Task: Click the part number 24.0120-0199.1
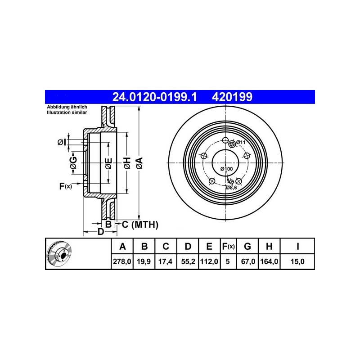(154, 97)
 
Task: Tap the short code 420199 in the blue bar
(232, 97)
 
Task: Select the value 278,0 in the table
(122, 261)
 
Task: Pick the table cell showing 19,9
(144, 261)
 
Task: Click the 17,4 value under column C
(166, 261)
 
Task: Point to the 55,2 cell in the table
(188, 261)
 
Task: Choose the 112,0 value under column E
(209, 261)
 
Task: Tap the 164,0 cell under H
(269, 261)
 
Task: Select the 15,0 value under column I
(297, 261)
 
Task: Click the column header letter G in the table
(247, 246)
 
